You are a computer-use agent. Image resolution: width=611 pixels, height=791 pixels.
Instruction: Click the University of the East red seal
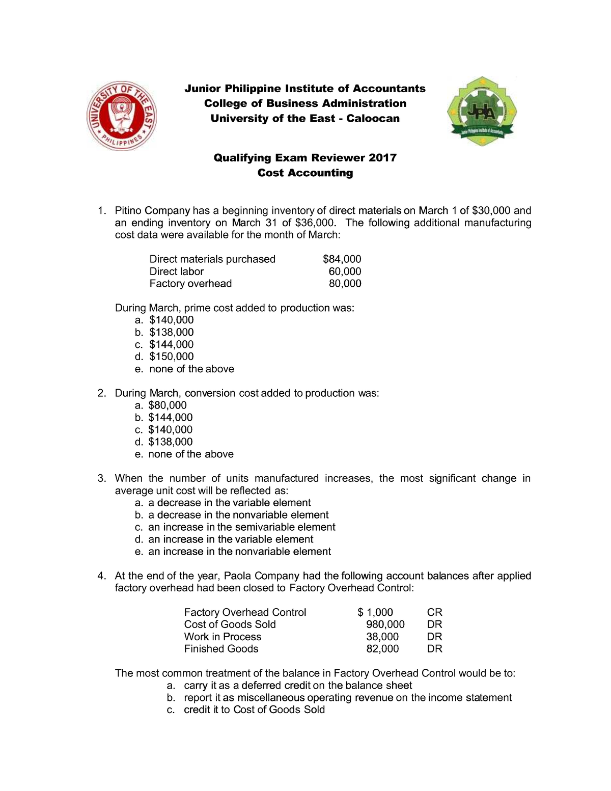pyautogui.click(x=122, y=115)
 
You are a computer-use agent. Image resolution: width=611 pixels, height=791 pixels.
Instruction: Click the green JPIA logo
pyautogui.click(x=481, y=112)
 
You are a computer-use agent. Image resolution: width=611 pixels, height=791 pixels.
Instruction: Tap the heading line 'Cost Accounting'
pyautogui.click(x=305, y=173)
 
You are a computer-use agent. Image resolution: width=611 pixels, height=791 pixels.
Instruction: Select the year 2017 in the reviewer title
pyautogui.click(x=382, y=157)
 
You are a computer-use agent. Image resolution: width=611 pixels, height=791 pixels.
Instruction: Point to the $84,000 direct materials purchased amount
pyautogui.click(x=342, y=259)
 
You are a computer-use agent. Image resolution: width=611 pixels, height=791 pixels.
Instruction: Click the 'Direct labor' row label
pyautogui.click(x=176, y=271)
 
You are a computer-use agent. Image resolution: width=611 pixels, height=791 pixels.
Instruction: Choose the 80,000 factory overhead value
pyautogui.click(x=345, y=284)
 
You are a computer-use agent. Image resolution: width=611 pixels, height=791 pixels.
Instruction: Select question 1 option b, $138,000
pyautogui.click(x=171, y=332)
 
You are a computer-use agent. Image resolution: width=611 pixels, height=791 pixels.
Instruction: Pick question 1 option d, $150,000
pyautogui.click(x=171, y=357)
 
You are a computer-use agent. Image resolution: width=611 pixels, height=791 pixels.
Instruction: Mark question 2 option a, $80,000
pyautogui.click(x=167, y=405)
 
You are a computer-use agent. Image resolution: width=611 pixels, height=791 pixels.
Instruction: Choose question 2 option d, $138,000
pyautogui.click(x=170, y=442)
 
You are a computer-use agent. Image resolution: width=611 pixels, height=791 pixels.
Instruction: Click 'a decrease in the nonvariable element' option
pyautogui.click(x=238, y=515)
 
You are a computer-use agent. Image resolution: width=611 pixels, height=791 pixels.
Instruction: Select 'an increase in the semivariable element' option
pyautogui.click(x=241, y=527)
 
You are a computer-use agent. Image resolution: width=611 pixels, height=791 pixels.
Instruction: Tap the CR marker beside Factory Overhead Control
pyautogui.click(x=434, y=612)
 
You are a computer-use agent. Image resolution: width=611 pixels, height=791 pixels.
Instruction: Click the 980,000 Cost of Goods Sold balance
pyautogui.click(x=385, y=624)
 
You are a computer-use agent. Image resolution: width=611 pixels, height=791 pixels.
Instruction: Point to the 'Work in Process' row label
pyautogui.click(x=223, y=637)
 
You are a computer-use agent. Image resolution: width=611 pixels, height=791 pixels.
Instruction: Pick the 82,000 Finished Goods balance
pyautogui.click(x=382, y=649)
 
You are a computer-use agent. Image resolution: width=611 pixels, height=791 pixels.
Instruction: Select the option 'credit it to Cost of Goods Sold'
pyautogui.click(x=254, y=710)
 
